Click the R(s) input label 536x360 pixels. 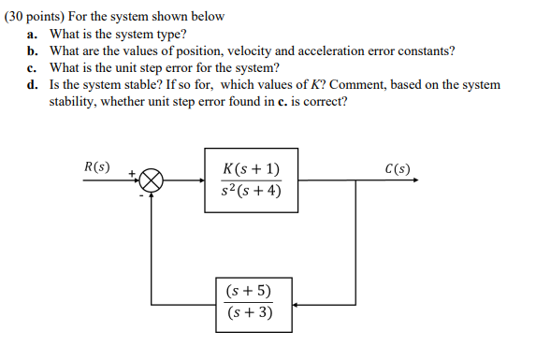pos(96,168)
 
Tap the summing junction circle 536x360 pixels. pos(153,180)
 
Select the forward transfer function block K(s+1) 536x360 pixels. pos(252,180)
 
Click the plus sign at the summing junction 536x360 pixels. pos(134,173)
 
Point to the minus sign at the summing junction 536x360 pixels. pos(141,197)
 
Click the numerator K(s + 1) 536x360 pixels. pos(252,169)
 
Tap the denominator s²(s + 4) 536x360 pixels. pos(252,193)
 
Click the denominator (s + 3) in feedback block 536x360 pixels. pos(250,312)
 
